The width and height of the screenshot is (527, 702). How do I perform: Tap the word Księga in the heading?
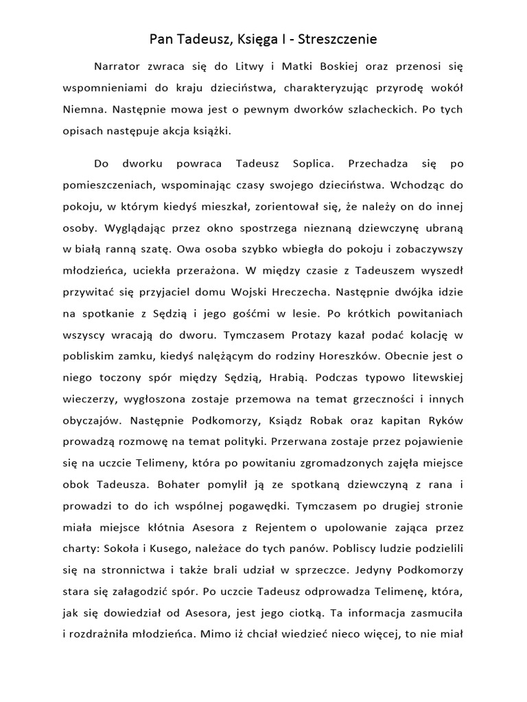(x=249, y=40)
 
